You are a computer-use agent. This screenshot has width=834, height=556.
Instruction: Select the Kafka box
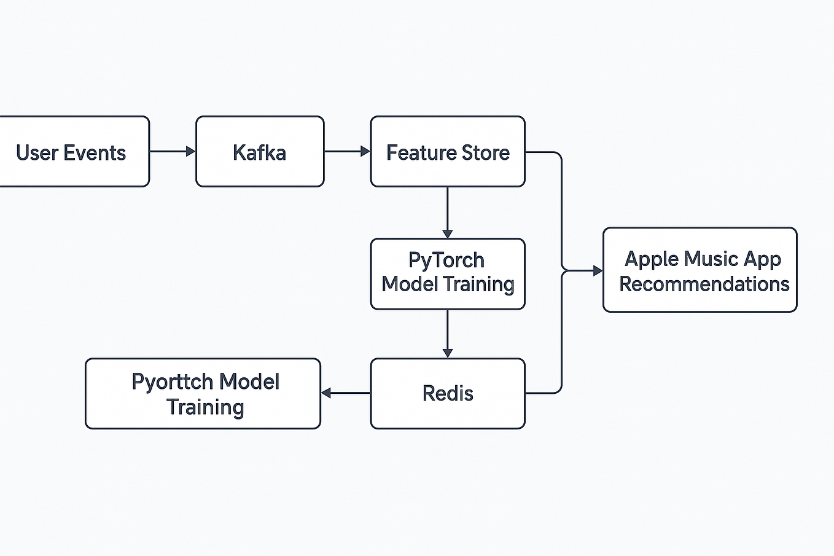click(259, 152)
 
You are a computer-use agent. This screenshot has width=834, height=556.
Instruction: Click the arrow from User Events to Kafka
click(172, 151)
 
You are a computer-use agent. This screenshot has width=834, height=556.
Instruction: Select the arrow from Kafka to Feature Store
click(346, 151)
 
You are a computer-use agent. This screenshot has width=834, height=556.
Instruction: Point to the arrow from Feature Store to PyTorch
click(447, 212)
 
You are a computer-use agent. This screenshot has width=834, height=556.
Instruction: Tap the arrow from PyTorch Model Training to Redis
click(447, 333)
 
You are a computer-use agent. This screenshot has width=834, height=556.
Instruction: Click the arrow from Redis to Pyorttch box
click(346, 393)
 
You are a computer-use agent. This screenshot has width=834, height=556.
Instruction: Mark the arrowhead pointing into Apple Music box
click(597, 270)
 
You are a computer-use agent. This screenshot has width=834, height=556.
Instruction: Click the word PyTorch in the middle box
click(446, 260)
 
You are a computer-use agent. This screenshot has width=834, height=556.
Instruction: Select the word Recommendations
click(704, 284)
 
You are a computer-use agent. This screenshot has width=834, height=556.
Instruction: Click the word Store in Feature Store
click(486, 152)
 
